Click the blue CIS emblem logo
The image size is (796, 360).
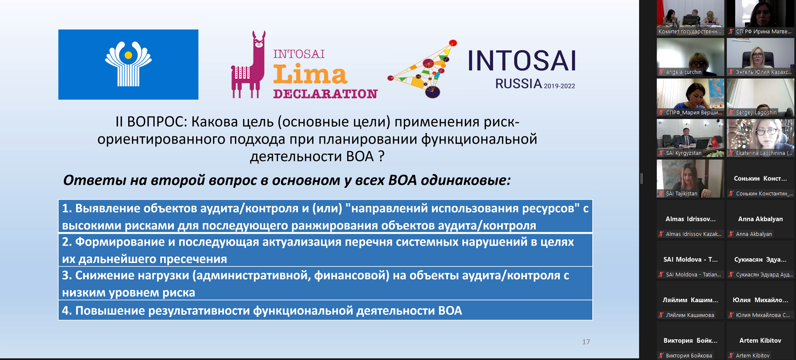pyautogui.click(x=128, y=65)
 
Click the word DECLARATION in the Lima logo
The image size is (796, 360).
pyautogui.click(x=325, y=94)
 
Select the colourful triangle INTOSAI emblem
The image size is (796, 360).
pyautogui.click(x=423, y=69)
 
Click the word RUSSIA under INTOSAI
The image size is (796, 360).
pyautogui.click(x=518, y=84)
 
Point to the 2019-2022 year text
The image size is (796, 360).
pyautogui.click(x=559, y=86)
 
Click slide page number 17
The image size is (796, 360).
pyautogui.click(x=586, y=342)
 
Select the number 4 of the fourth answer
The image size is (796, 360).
pyautogui.click(x=66, y=311)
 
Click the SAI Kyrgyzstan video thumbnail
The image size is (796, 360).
pyautogui.click(x=690, y=138)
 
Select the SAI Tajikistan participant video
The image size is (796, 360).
pyautogui.click(x=690, y=179)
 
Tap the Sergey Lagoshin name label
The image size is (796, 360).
pyautogui.click(x=756, y=113)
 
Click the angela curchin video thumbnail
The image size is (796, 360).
pyautogui.click(x=690, y=57)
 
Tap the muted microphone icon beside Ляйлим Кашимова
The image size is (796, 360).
pyautogui.click(x=661, y=315)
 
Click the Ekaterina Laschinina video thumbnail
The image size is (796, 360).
pyautogui.click(x=760, y=138)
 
